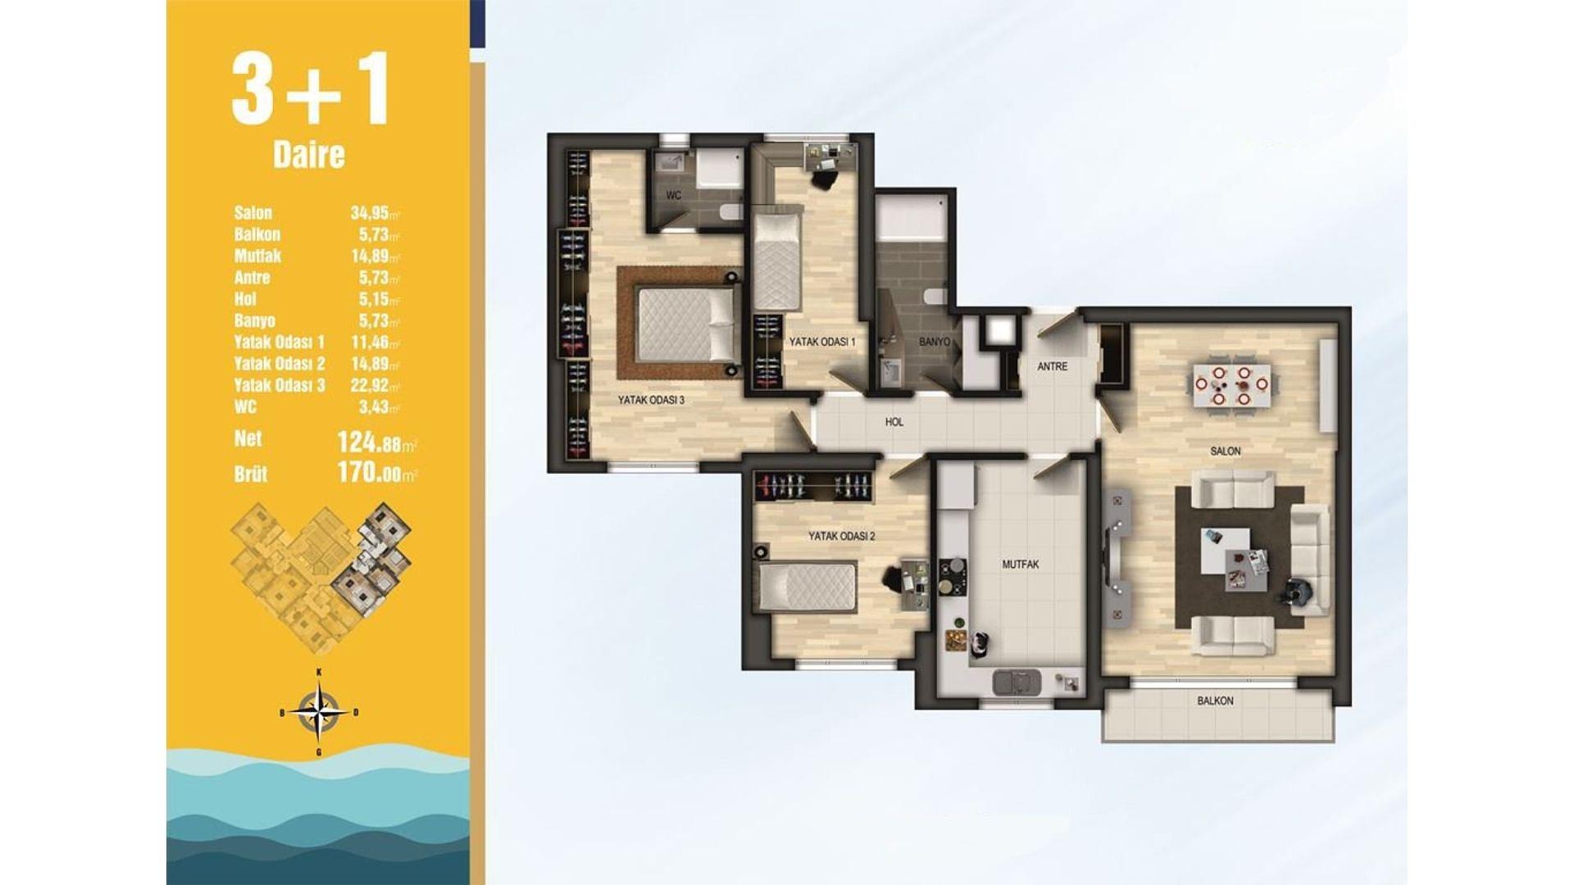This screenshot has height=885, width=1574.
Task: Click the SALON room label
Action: click(1226, 452)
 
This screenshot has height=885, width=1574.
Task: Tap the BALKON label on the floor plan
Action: click(1215, 701)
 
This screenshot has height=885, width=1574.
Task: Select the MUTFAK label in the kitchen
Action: click(1021, 565)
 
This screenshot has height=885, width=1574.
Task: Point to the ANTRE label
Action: click(1053, 367)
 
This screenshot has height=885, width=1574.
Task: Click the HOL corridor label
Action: click(894, 422)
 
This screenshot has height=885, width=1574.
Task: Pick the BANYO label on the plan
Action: click(935, 341)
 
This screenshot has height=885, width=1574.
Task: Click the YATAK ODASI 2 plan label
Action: click(842, 537)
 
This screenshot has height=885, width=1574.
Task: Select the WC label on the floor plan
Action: click(674, 196)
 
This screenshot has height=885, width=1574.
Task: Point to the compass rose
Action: click(319, 711)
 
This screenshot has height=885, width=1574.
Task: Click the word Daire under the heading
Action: click(309, 155)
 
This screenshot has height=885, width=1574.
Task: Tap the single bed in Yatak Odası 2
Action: click(807, 587)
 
